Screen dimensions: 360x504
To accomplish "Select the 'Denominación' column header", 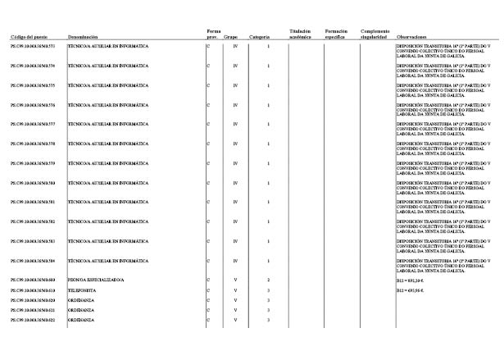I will (x=83, y=38).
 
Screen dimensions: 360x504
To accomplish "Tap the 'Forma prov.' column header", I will (x=212, y=34).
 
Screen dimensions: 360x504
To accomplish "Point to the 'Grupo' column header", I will (x=231, y=38).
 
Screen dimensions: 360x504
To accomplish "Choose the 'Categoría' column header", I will (x=260, y=38).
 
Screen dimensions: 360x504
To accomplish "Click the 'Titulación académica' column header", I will (x=301, y=34).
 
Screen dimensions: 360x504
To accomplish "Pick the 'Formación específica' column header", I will (x=336, y=34).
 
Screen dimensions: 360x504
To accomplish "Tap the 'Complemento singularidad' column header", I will (x=375, y=34).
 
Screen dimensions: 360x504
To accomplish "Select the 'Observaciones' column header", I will (x=411, y=38).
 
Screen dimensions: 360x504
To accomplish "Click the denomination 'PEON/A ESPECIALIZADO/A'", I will (x=95, y=280).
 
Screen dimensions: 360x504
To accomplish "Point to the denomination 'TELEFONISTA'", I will (x=82, y=290).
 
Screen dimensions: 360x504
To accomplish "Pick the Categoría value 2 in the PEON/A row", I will (x=269, y=280).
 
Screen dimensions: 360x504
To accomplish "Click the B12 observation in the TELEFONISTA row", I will (x=411, y=290).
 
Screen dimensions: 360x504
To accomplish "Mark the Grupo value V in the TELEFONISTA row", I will (x=235, y=290).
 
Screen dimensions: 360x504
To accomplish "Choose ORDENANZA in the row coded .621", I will (x=81, y=310).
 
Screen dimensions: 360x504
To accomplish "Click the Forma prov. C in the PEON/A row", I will (x=209, y=280).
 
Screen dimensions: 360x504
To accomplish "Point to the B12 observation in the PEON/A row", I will (x=411, y=280).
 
